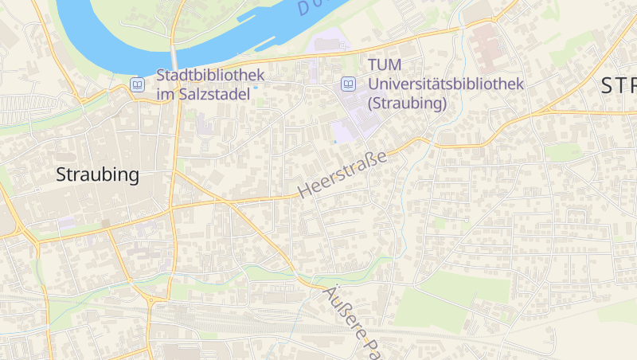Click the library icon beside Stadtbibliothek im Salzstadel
[x=138, y=84]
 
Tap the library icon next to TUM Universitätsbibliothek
[x=348, y=83]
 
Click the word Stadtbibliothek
[x=209, y=76]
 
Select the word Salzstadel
[x=216, y=94]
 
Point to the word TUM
[x=385, y=65]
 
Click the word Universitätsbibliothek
[x=445, y=83]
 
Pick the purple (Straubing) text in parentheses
[x=407, y=103]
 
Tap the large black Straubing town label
[x=97, y=175]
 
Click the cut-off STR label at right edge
[x=618, y=86]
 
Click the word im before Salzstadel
[x=166, y=94]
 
